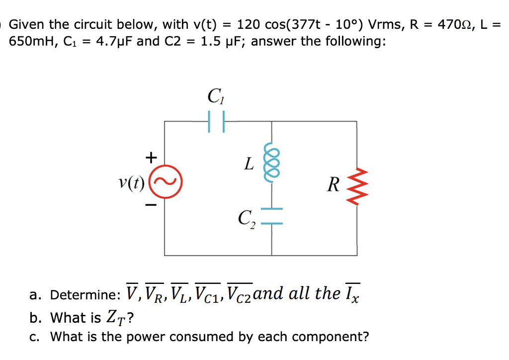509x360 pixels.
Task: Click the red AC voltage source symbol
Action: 165,185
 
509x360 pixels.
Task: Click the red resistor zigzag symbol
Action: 356,186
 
